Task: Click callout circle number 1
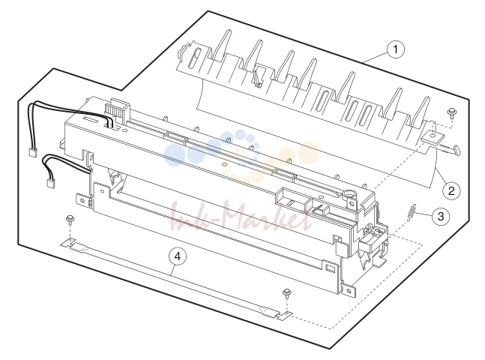click(x=396, y=49)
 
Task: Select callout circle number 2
click(x=451, y=190)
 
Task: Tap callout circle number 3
click(x=441, y=216)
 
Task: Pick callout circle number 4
click(x=178, y=256)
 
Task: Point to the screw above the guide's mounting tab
click(x=452, y=112)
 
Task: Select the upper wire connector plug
click(x=32, y=152)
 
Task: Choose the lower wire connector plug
click(x=51, y=183)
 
